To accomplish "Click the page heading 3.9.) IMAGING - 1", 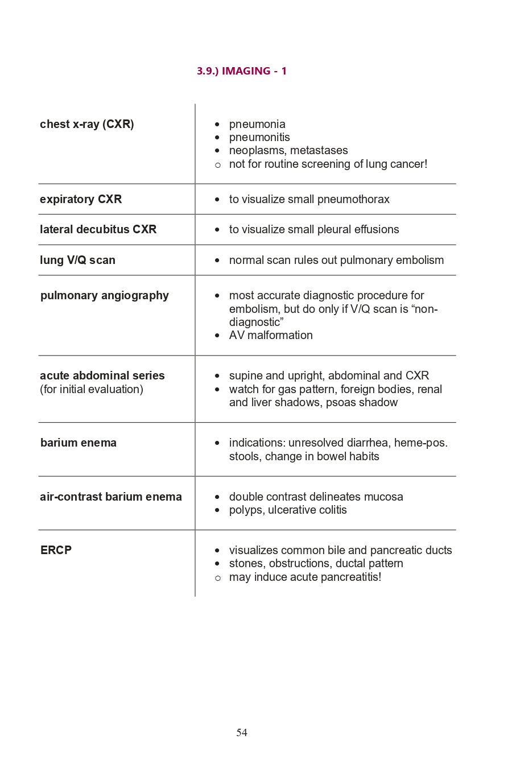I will point(242,71).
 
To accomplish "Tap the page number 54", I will point(242,733).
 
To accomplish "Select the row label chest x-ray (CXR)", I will point(87,124).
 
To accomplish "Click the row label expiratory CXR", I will point(81,199).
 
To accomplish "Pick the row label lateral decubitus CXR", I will point(98,229).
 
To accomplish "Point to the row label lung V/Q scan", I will point(77,260).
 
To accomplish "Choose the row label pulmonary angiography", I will point(105,295).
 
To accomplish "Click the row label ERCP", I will point(56,550).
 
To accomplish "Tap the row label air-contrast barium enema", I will point(111,497).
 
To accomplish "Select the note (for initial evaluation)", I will point(92,389).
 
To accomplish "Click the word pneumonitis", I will point(259,137).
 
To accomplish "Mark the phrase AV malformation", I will point(271,335).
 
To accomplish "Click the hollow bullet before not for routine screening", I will point(217,164).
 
